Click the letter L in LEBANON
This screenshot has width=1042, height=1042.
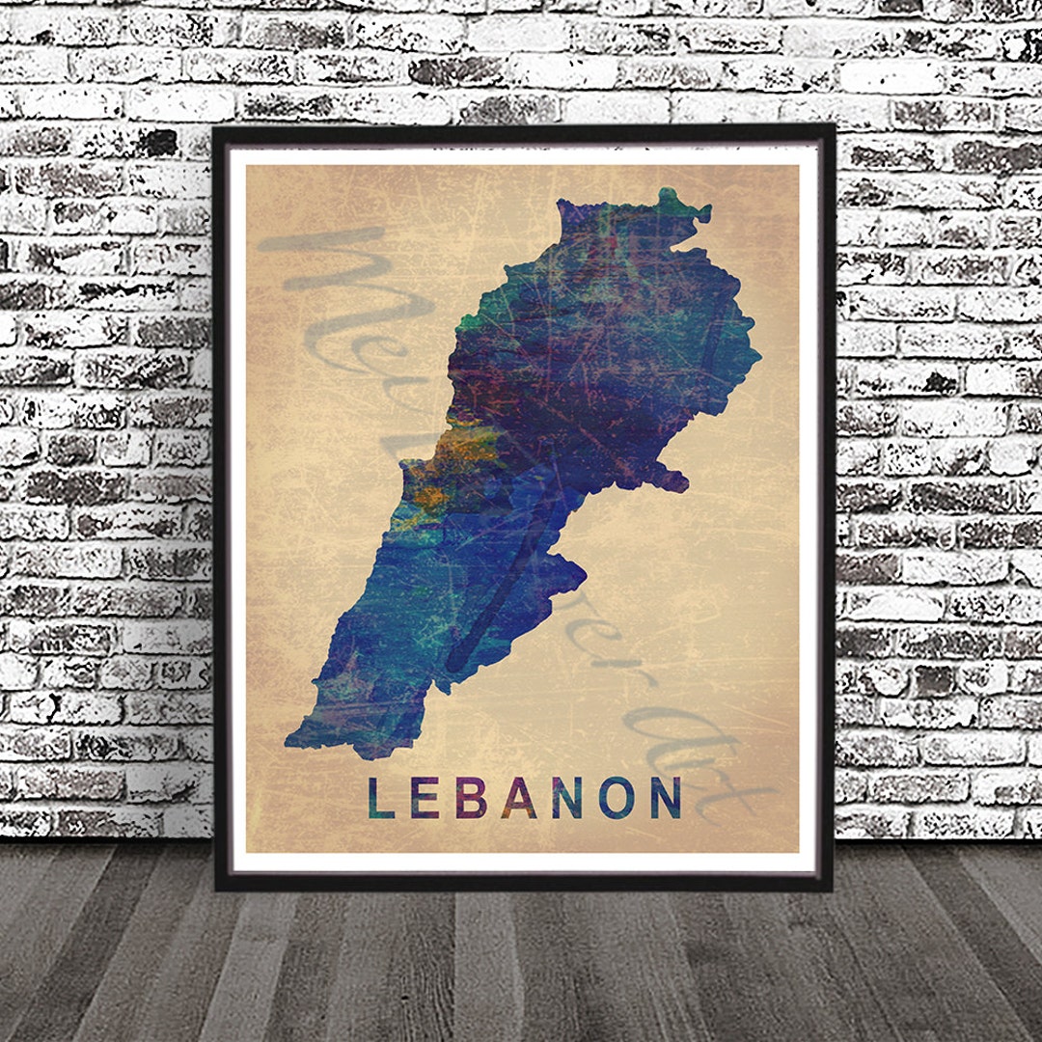tap(380, 798)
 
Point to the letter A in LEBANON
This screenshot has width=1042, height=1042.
tap(519, 798)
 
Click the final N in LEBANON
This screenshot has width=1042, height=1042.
tap(666, 798)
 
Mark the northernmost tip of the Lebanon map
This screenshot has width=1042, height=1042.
tap(667, 193)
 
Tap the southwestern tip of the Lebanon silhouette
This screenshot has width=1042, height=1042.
tap(288, 744)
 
